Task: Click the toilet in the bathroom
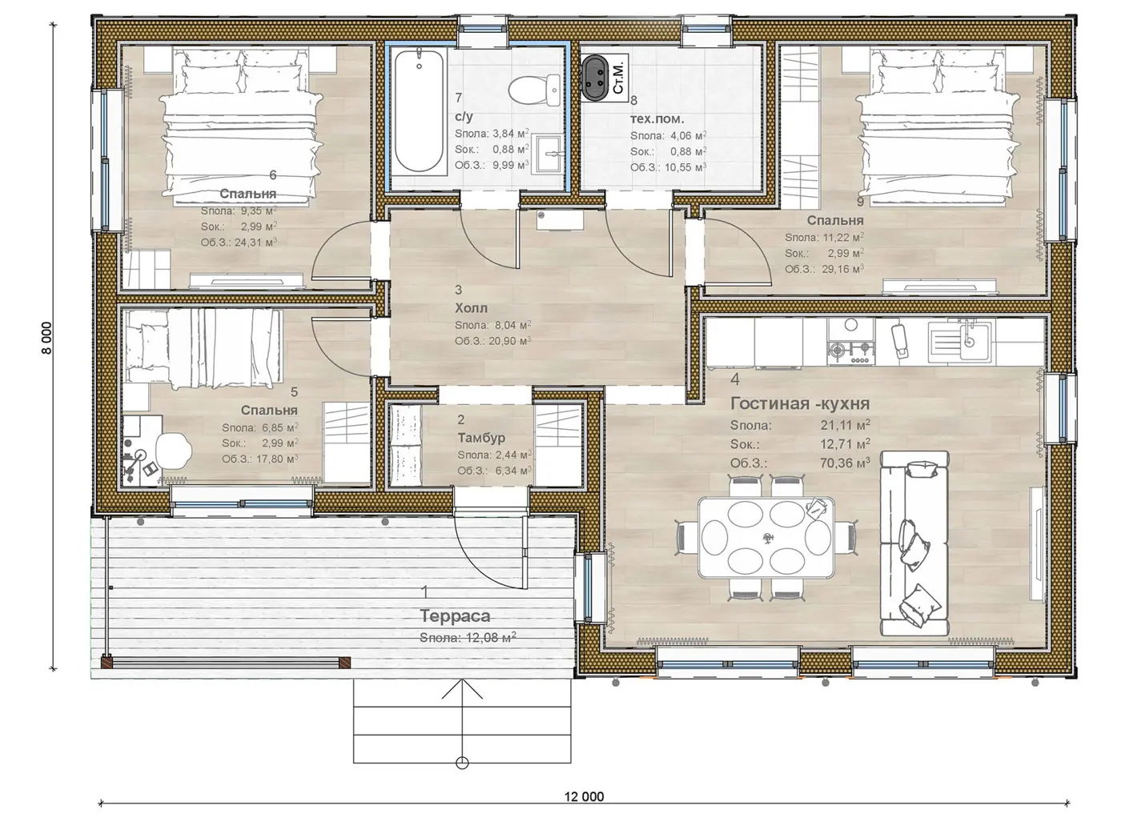coord(534,90)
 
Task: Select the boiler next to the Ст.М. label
coord(595,78)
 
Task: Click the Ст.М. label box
coord(618,78)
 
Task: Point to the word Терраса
coord(455,615)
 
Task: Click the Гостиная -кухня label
coord(800,403)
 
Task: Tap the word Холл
coord(471,307)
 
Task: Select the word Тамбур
coord(481,438)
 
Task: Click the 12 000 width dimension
coord(584,796)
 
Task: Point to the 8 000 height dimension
coord(46,338)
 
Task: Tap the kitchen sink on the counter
coord(960,342)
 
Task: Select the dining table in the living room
coord(766,537)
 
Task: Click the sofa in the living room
coord(914,543)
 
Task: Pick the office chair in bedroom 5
coord(173,449)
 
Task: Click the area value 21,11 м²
coord(846,425)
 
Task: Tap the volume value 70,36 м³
coord(846,463)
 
